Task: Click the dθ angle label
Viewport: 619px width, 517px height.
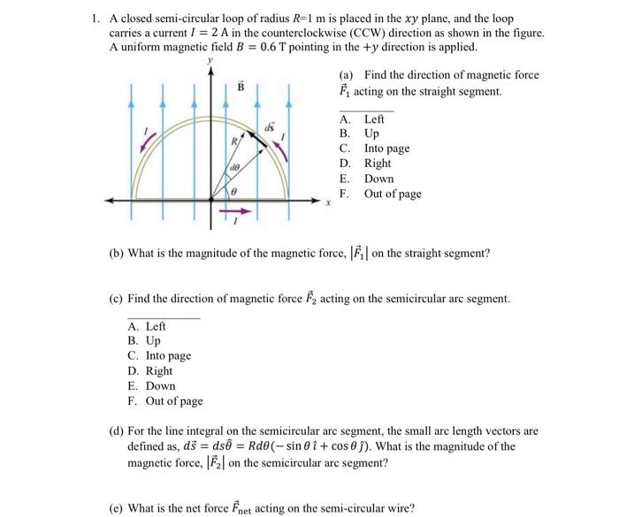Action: (x=235, y=167)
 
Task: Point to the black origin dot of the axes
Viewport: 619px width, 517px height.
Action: (x=210, y=201)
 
